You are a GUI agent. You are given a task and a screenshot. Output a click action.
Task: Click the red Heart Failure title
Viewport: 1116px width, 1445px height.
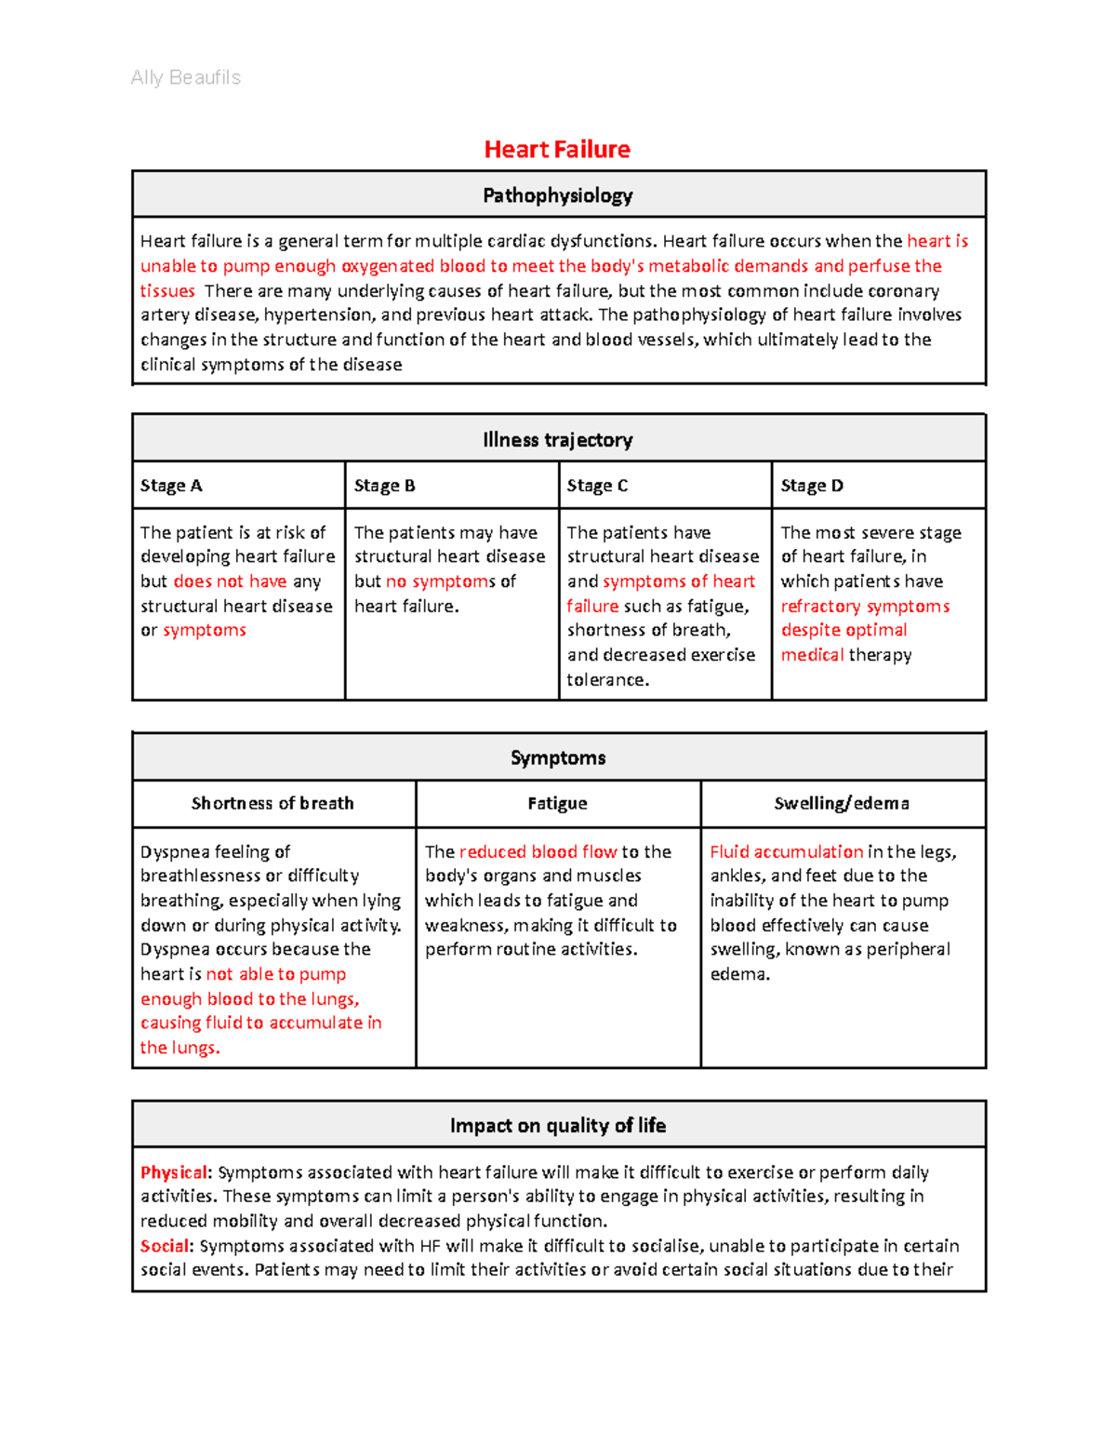[557, 149]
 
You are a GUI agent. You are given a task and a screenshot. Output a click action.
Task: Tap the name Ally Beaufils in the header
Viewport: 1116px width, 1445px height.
[186, 77]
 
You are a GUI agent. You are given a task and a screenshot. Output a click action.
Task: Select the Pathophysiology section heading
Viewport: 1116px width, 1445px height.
[557, 195]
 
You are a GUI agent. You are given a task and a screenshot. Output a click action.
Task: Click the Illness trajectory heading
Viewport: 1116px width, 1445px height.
[557, 439]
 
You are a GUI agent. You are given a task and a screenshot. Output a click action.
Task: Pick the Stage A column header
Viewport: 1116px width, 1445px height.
[171, 486]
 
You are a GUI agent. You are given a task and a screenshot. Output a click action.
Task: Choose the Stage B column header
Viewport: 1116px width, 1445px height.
[384, 486]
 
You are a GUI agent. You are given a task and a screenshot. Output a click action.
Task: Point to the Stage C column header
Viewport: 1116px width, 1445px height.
[597, 486]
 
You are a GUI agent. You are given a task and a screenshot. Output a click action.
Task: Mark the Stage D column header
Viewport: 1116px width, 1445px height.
[812, 486]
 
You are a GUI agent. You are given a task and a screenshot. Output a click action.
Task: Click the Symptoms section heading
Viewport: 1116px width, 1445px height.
[557, 757]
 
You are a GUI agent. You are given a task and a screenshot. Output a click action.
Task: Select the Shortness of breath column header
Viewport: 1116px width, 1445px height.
[272, 803]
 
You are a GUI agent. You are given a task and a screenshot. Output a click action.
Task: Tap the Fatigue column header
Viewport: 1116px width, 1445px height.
[557, 803]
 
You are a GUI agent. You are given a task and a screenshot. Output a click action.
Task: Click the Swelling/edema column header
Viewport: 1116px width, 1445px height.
[842, 803]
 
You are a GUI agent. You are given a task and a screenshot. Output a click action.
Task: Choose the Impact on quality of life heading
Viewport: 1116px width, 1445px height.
[557, 1125]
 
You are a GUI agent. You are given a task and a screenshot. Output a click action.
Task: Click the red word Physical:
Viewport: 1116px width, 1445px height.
[176, 1172]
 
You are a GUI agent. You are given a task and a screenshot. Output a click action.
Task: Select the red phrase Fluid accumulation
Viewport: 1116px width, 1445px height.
[786, 851]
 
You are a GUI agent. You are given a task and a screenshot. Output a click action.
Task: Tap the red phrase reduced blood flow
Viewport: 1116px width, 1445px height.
[538, 851]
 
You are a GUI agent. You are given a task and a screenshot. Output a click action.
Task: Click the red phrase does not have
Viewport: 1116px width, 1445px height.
[230, 582]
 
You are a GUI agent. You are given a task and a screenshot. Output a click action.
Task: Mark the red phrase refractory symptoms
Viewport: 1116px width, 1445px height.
[865, 607]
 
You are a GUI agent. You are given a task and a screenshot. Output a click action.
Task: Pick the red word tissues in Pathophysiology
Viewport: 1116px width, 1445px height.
[167, 291]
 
